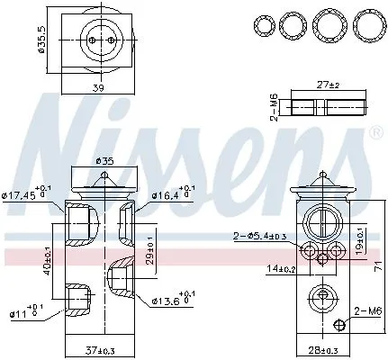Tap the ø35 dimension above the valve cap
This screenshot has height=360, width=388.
(105, 161)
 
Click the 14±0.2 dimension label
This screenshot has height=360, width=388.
(280, 268)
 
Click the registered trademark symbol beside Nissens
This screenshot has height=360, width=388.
(375, 133)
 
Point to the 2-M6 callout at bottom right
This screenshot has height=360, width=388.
(366, 310)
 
